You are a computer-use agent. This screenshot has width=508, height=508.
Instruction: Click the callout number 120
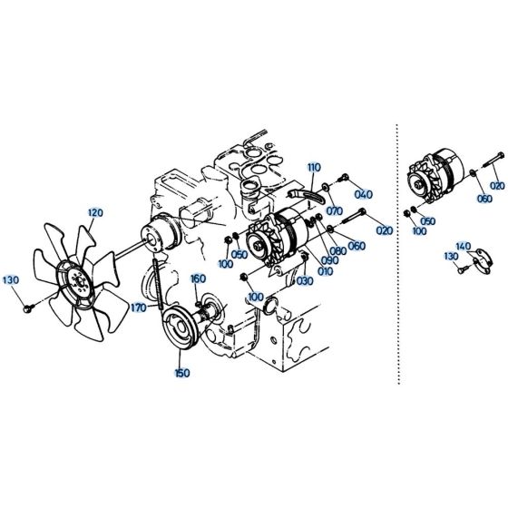pyautogui.click(x=95, y=212)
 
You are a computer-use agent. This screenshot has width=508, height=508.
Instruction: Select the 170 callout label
pyautogui.click(x=137, y=308)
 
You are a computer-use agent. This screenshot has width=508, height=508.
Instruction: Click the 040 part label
pyautogui.click(x=363, y=194)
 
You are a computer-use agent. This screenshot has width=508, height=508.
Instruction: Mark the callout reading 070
pyautogui.click(x=334, y=212)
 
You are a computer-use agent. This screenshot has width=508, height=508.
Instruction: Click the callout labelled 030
pyautogui.click(x=304, y=281)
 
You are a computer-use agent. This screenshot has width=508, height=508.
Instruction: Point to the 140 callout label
pyautogui.click(x=463, y=247)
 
